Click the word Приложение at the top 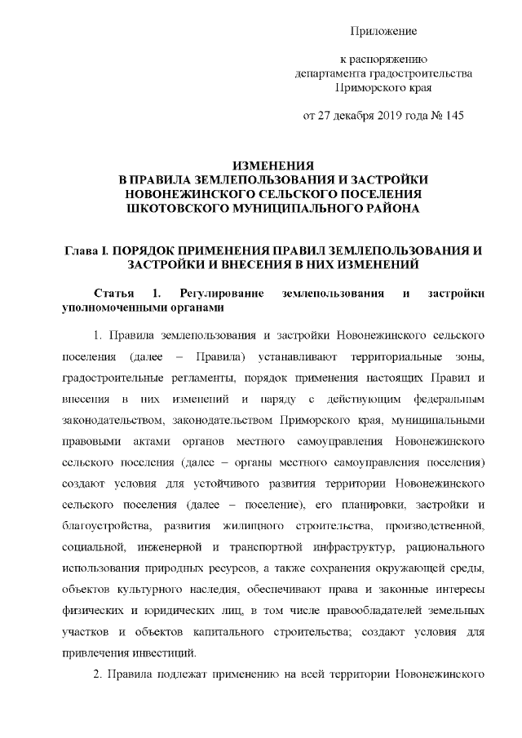coord(383,31)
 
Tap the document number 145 coord(453,116)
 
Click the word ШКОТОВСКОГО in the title coord(180,209)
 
